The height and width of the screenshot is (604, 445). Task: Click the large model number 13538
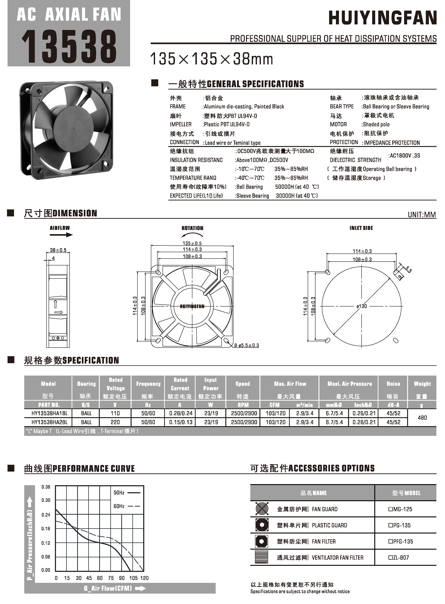69,46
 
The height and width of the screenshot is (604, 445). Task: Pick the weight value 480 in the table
422,418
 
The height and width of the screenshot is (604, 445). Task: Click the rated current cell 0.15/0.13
181,422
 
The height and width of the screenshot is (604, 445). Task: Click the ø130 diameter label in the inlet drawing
362,306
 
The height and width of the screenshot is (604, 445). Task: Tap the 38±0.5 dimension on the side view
58,250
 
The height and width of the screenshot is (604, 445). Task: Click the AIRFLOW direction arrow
61,235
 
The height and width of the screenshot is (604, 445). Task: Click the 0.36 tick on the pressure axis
46,487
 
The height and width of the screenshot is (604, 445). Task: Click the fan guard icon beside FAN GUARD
262,509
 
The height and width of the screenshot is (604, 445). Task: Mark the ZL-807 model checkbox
390,558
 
